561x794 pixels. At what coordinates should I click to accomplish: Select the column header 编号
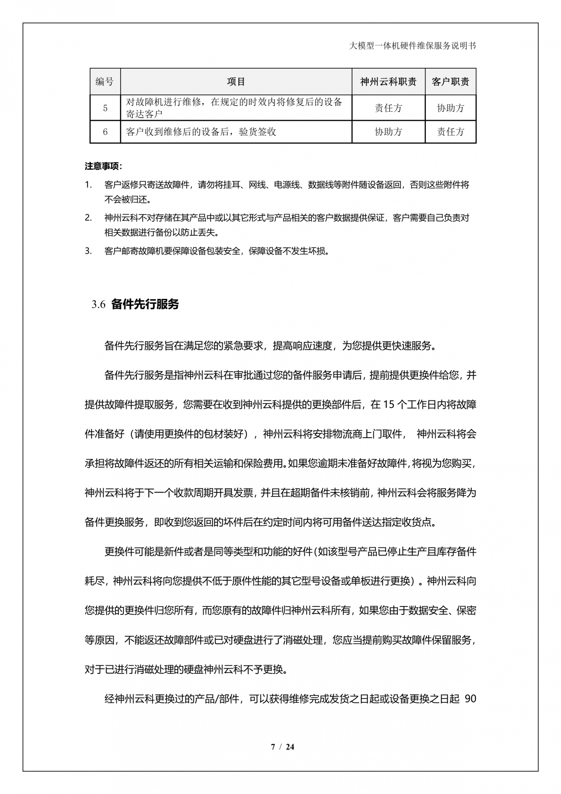pyautogui.click(x=105, y=81)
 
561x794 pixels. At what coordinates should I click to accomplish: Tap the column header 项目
pyautogui.click(x=236, y=82)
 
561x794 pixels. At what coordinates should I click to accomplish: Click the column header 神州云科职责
pyautogui.click(x=388, y=82)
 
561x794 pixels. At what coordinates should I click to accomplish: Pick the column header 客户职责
pyautogui.click(x=450, y=82)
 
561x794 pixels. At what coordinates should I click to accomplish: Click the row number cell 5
pyautogui.click(x=105, y=108)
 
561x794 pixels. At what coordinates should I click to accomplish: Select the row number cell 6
pyautogui.click(x=105, y=132)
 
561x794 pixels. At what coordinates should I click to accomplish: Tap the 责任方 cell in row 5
pyautogui.click(x=388, y=108)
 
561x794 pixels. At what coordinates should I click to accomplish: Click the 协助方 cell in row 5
pyautogui.click(x=450, y=108)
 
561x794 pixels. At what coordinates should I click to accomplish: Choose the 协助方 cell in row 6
pyautogui.click(x=388, y=132)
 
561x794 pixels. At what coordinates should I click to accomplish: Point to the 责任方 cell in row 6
pyautogui.click(x=450, y=132)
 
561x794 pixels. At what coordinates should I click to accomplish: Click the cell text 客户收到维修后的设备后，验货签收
pyautogui.click(x=201, y=132)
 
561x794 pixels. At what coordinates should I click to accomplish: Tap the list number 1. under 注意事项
pyautogui.click(x=88, y=185)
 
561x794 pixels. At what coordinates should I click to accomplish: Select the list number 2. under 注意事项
pyautogui.click(x=88, y=217)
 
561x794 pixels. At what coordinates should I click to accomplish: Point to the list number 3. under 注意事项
pyautogui.click(x=88, y=251)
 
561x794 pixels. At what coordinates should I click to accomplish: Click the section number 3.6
pyautogui.click(x=98, y=305)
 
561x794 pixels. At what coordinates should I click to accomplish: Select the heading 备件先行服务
pyautogui.click(x=145, y=304)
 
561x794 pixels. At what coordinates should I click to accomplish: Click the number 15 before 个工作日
pyautogui.click(x=388, y=405)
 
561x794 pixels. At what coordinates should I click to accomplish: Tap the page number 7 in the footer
pyautogui.click(x=273, y=747)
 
